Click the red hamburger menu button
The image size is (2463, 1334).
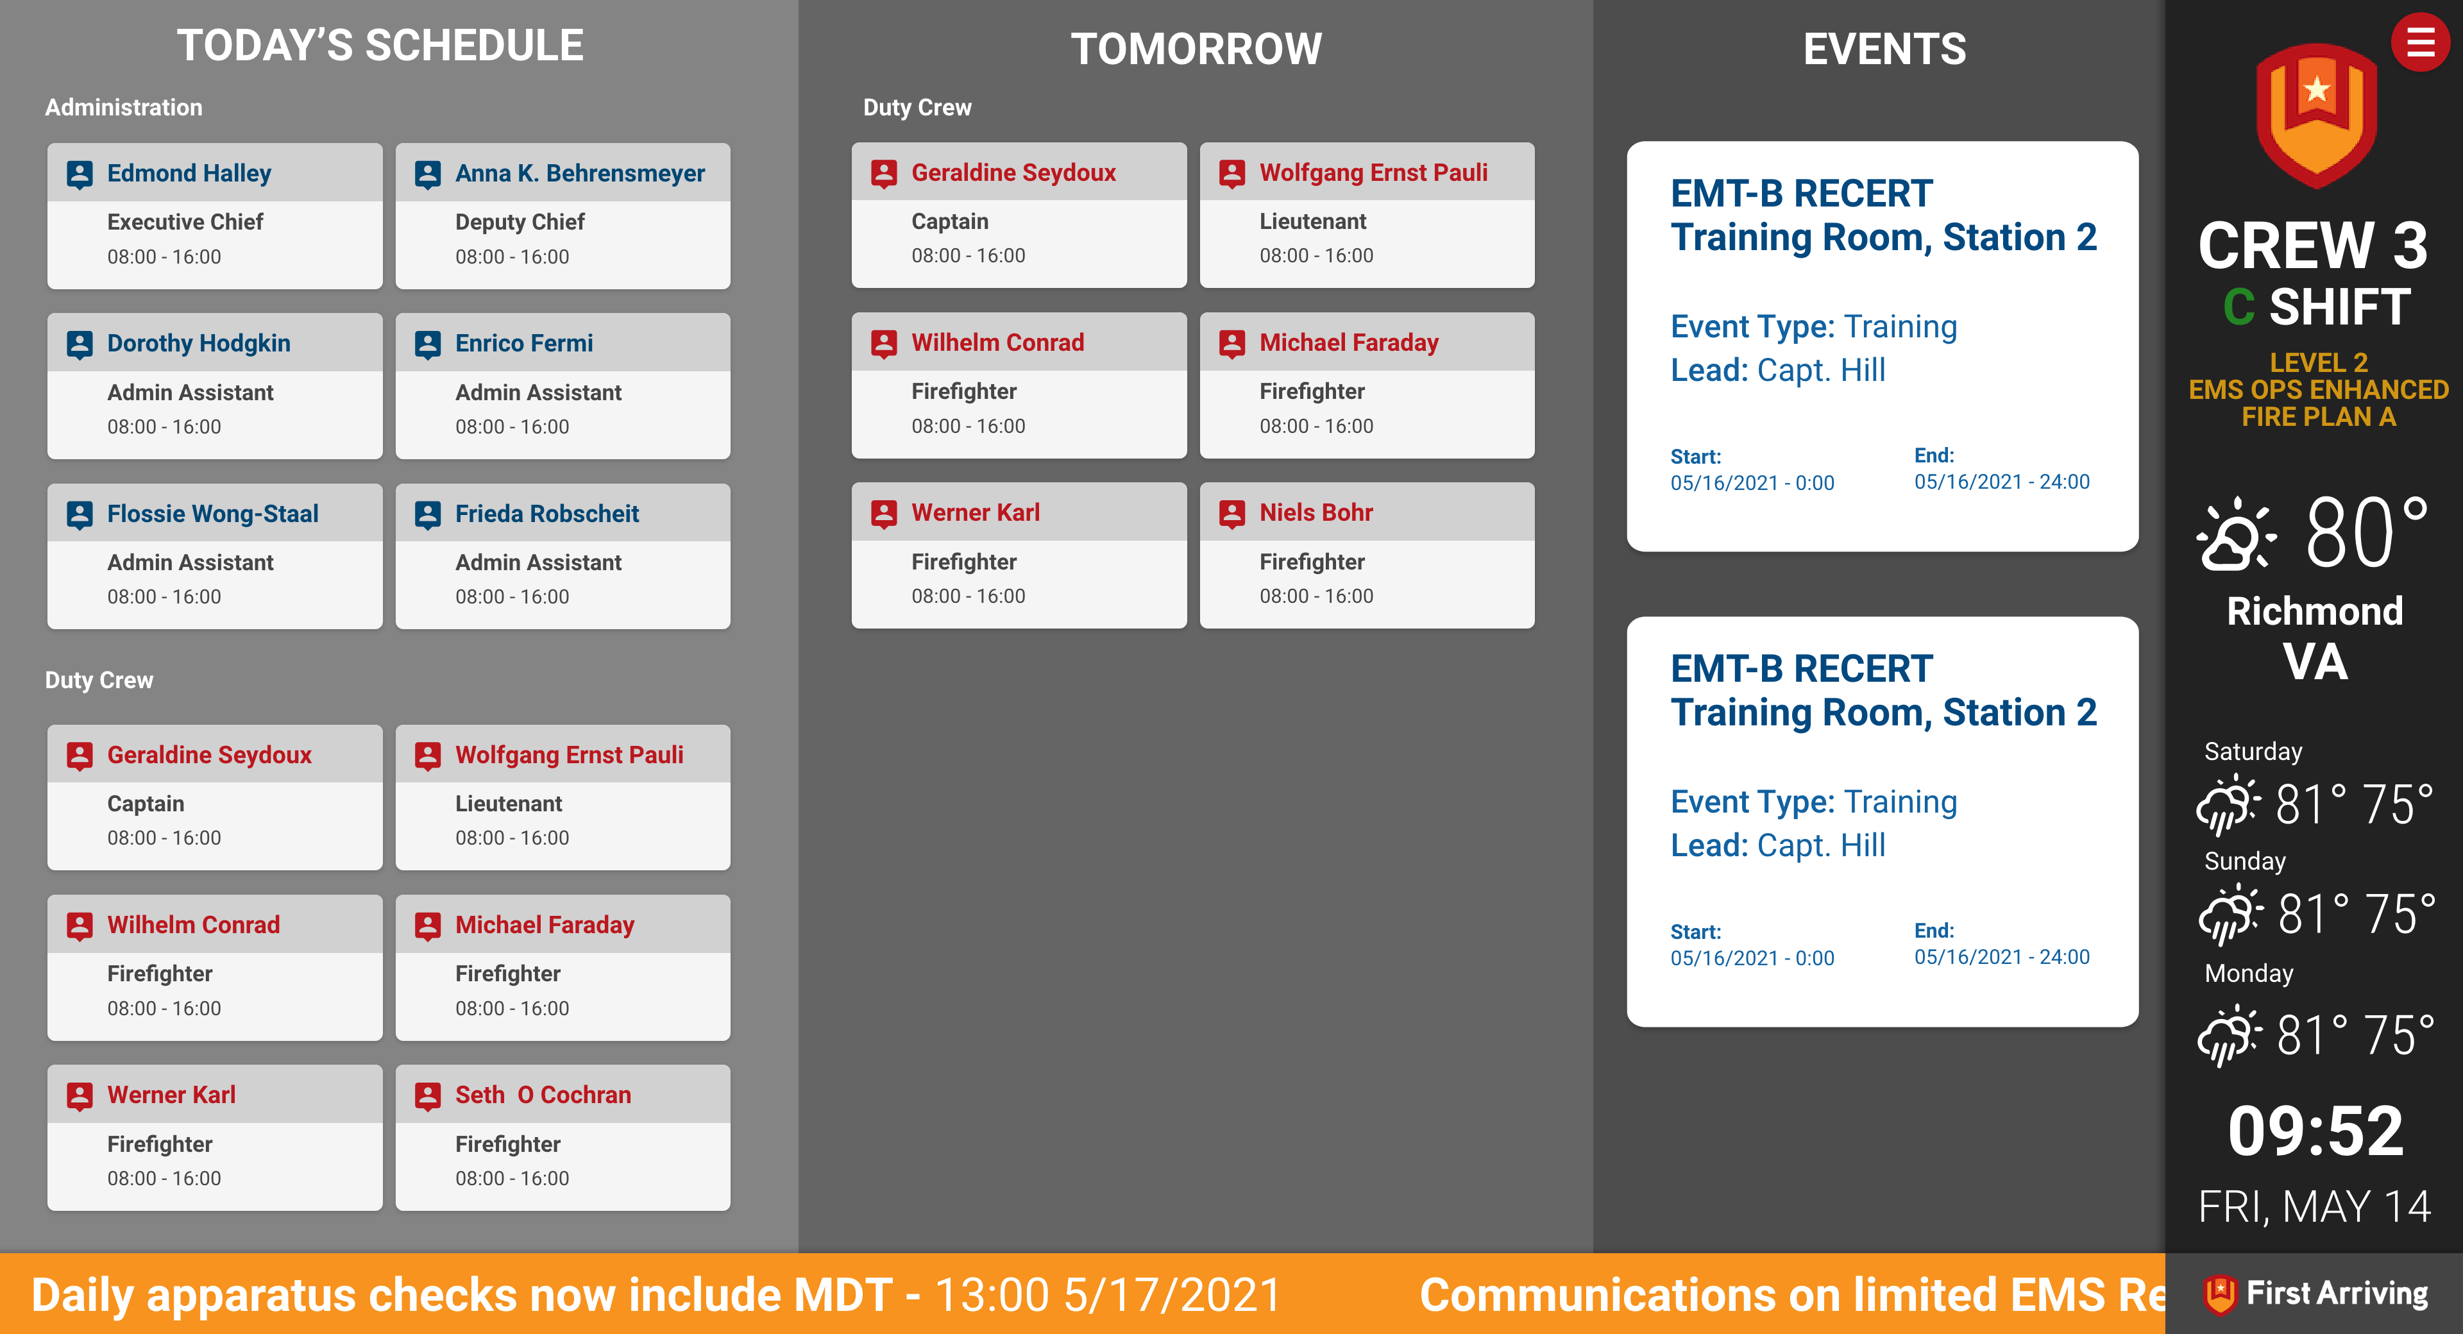(x=2420, y=42)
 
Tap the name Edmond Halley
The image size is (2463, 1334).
(x=189, y=173)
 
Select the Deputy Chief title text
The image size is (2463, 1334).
(x=519, y=222)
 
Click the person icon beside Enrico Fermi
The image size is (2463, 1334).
(x=427, y=344)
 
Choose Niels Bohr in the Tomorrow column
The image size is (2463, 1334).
(x=1315, y=512)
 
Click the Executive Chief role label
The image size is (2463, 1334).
(x=185, y=222)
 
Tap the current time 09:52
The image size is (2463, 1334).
(x=2315, y=1131)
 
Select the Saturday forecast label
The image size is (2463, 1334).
(x=2253, y=752)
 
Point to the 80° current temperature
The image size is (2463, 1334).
(x=2366, y=533)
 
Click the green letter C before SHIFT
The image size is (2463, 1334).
(x=2239, y=308)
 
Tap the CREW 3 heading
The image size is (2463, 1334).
(x=2313, y=246)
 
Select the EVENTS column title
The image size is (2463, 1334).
(x=1884, y=49)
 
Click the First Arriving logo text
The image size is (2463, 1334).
(x=2336, y=1293)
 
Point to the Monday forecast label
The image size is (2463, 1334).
(x=2248, y=974)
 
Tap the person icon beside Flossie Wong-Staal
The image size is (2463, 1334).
(x=80, y=514)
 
